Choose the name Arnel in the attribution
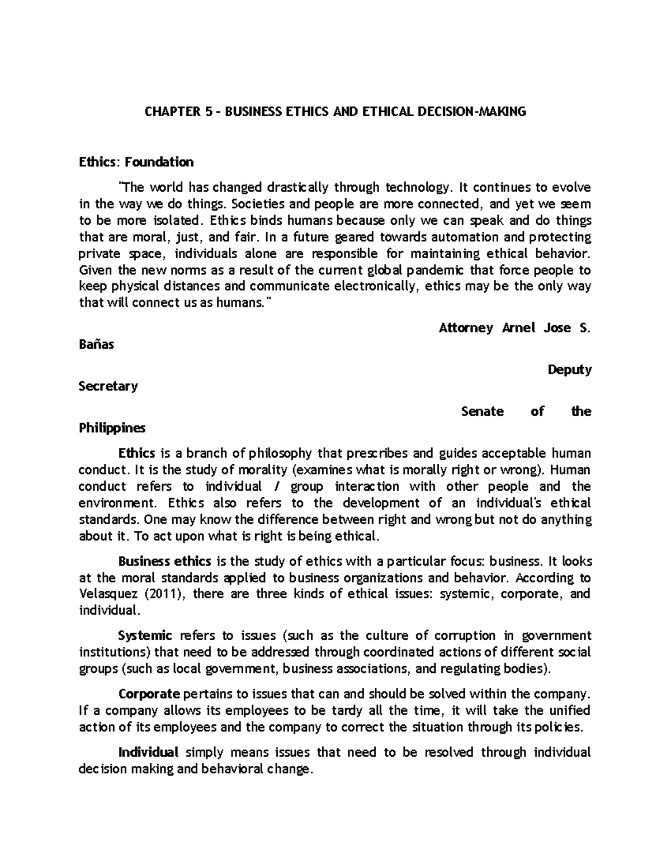point(518,328)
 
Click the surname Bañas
point(97,344)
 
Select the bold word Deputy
point(569,370)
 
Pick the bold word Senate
point(482,411)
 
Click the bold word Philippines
point(112,429)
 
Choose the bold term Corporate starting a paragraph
point(149,694)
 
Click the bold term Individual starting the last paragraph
point(148,752)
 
